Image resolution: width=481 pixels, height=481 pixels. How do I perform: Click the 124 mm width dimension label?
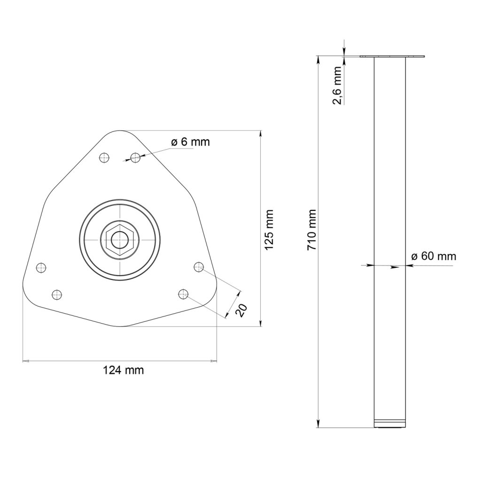pyautogui.click(x=124, y=370)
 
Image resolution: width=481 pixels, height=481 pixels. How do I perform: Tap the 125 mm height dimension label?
pyautogui.click(x=269, y=230)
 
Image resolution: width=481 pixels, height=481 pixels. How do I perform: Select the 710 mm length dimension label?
pyautogui.click(x=312, y=230)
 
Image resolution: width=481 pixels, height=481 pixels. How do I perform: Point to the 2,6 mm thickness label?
pyautogui.click(x=337, y=85)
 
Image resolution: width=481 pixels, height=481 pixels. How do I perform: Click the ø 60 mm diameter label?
pyautogui.click(x=434, y=256)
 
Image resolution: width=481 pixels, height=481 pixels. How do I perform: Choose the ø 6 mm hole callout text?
pyautogui.click(x=190, y=142)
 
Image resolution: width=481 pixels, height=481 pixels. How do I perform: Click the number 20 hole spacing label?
pyautogui.click(x=241, y=310)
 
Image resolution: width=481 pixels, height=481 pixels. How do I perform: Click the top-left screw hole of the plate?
pyautogui.click(x=104, y=158)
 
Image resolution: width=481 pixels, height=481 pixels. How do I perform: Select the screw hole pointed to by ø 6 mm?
pyautogui.click(x=135, y=158)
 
